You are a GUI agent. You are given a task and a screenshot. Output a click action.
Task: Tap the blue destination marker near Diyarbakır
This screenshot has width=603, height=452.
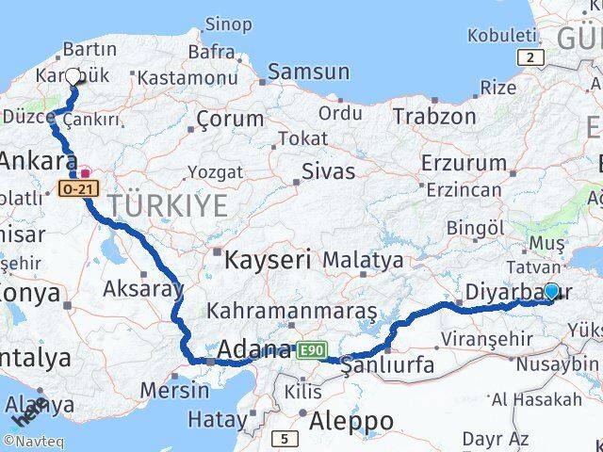point(551,292)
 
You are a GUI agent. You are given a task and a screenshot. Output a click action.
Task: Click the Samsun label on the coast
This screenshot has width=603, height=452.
point(308,72)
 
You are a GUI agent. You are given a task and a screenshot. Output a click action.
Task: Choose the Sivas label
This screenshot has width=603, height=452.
point(329,171)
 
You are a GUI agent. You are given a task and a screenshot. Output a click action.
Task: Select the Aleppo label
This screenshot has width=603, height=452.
point(353,419)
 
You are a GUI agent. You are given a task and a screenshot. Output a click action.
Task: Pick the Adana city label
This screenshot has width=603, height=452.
point(254,350)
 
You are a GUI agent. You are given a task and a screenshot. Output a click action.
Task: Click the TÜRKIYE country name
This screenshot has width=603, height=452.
point(167,205)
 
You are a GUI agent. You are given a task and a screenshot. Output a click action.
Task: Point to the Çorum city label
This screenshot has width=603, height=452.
point(231,120)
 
